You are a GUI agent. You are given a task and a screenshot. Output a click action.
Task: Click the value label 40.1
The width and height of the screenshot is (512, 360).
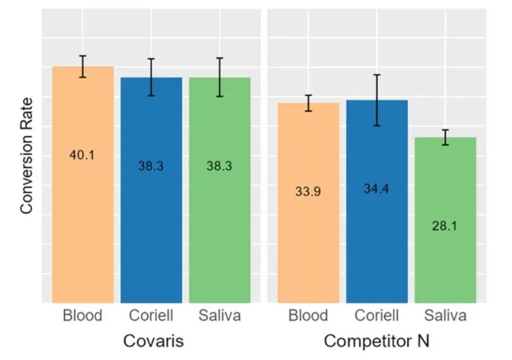click(x=82, y=155)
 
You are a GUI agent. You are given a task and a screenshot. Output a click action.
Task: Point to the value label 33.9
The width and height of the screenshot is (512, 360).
click(x=308, y=191)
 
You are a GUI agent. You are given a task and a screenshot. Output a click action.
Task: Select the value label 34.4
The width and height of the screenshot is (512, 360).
click(x=377, y=188)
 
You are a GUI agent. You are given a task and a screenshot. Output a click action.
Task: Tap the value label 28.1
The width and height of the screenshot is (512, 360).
click(x=445, y=225)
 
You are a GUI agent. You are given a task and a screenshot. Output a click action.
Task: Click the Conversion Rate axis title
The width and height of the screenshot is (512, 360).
click(x=27, y=155)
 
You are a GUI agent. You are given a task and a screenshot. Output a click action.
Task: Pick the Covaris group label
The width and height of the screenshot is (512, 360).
click(x=153, y=342)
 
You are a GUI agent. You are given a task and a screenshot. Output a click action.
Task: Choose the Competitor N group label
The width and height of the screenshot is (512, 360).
click(x=377, y=342)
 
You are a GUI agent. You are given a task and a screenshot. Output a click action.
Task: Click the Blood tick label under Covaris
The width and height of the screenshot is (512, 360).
click(x=82, y=315)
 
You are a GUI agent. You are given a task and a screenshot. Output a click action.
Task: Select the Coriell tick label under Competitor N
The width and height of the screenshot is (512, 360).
click(x=377, y=315)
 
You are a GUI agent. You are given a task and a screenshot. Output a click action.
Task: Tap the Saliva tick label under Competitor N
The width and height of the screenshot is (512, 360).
click(x=445, y=315)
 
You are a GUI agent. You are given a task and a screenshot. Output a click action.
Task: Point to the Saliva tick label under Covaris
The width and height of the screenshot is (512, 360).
click(x=219, y=315)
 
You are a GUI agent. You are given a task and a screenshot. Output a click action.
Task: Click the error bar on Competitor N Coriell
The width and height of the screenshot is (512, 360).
click(x=377, y=100)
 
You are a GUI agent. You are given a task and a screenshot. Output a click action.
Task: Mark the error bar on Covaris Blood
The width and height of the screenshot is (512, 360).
click(x=82, y=66)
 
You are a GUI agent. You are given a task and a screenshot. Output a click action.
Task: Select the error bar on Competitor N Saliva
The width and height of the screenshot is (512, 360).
click(x=445, y=137)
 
